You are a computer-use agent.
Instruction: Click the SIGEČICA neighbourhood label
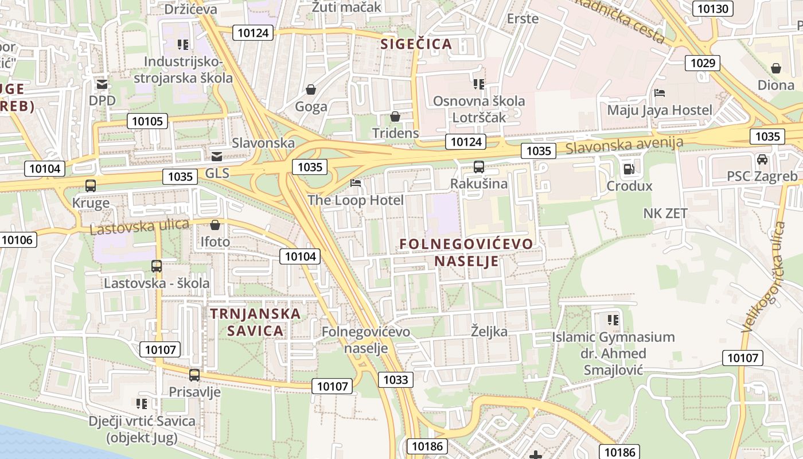(416, 44)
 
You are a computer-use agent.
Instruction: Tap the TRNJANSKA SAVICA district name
(255, 322)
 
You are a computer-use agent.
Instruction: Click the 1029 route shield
(703, 63)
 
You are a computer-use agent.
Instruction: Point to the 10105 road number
(148, 120)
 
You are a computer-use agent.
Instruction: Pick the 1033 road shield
(396, 379)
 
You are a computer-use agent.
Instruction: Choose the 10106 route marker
(18, 240)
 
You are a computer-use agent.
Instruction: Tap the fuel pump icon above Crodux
(629, 169)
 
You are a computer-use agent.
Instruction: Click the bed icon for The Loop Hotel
(356, 183)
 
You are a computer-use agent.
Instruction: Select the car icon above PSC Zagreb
(762, 159)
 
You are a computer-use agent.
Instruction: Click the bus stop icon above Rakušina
(479, 167)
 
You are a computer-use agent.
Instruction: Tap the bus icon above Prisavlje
(194, 375)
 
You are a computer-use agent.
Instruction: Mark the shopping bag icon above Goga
(311, 90)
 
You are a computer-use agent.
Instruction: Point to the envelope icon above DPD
(102, 84)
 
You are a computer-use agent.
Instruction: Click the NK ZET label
(665, 213)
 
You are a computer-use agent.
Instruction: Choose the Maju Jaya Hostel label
(660, 110)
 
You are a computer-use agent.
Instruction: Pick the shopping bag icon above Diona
(776, 68)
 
